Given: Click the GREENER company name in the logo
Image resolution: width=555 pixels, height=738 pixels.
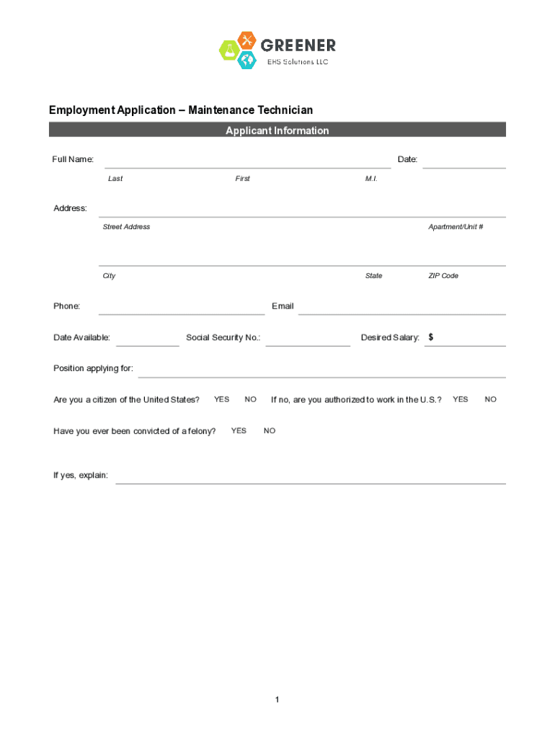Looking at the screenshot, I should pyautogui.click(x=298, y=45).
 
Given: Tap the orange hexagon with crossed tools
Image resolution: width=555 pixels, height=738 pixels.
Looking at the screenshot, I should pyautogui.click(x=247, y=40).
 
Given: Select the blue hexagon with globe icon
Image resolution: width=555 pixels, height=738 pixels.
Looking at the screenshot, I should pyautogui.click(x=247, y=60).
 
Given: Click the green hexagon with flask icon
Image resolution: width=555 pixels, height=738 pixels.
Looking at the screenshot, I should pyautogui.click(x=229, y=50).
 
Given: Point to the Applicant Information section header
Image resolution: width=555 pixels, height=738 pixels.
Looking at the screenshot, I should pyautogui.click(x=277, y=130).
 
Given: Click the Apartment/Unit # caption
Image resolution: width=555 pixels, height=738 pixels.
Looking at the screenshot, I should pyautogui.click(x=456, y=227).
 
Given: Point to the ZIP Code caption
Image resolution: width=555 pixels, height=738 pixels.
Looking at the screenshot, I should pyautogui.click(x=443, y=276).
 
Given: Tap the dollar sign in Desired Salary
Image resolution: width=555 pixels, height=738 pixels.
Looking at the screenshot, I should pyautogui.click(x=431, y=337).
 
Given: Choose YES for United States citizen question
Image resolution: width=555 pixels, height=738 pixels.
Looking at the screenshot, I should pyautogui.click(x=221, y=399).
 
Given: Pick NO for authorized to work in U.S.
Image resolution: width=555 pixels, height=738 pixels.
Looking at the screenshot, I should pyautogui.click(x=490, y=399).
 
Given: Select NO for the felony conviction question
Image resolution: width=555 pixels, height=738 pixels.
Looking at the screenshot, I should pyautogui.click(x=270, y=431).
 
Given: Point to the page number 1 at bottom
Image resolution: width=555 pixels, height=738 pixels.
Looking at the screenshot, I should pyautogui.click(x=277, y=700).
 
